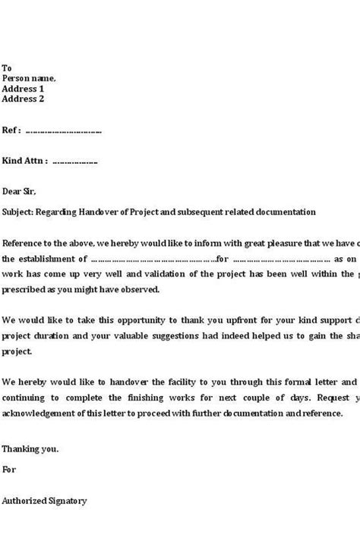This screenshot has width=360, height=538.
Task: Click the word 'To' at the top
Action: click(x=7, y=67)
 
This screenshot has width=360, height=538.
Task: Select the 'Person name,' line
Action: click(x=29, y=77)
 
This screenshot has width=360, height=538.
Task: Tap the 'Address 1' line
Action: click(x=24, y=88)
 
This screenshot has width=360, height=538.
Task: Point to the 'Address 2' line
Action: click(x=24, y=99)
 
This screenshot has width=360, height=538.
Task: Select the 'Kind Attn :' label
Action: click(x=26, y=161)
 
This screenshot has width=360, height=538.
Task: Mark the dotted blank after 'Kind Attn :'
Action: click(x=76, y=162)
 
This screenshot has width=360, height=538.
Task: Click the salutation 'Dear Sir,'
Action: click(x=19, y=192)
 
